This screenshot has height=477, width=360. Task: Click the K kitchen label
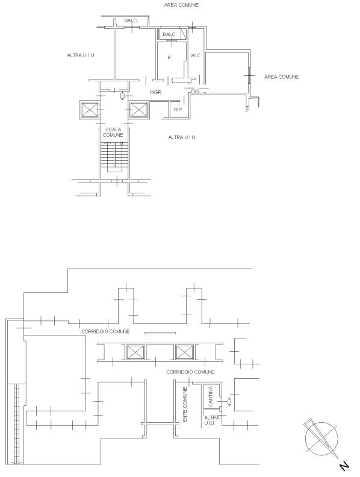click(169, 57)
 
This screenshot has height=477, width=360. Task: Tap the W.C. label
click(196, 55)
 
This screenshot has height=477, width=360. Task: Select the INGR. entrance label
click(156, 92)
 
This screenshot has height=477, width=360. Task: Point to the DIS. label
click(196, 92)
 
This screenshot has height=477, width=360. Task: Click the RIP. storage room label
click(178, 109)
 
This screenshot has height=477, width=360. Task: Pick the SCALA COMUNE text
click(113, 132)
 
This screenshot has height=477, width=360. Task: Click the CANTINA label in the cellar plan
click(211, 396)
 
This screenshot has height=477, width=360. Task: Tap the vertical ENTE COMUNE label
click(185, 404)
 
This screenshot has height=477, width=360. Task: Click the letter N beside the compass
click(344, 466)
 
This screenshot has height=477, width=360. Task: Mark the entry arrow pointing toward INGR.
click(123, 96)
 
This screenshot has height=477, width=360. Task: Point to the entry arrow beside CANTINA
click(228, 402)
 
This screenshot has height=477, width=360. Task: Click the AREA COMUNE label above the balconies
click(181, 5)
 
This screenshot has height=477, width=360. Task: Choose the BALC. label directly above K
click(169, 34)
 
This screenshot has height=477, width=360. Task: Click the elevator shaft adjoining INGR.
click(138, 110)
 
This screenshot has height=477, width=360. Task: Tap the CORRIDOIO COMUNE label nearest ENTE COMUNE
click(190, 372)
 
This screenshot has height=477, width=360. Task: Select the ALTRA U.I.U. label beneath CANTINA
click(212, 420)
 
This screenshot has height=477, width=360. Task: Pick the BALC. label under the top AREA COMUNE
click(131, 20)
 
